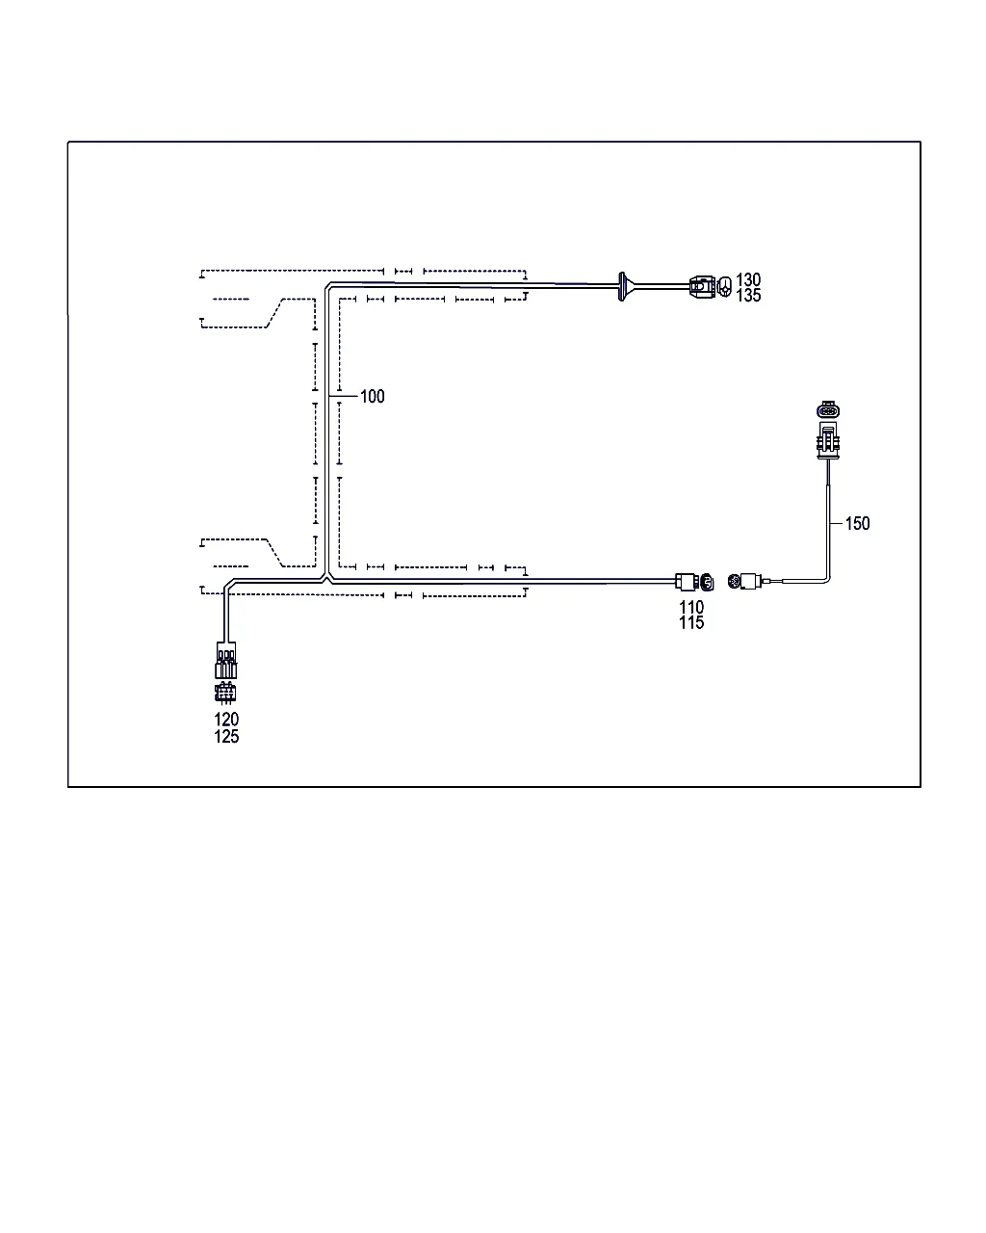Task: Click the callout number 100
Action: click(372, 396)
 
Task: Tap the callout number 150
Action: click(857, 523)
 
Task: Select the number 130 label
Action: click(747, 279)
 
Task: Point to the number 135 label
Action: click(747, 295)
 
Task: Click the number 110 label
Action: click(691, 607)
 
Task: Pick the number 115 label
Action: click(691, 622)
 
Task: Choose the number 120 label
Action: click(226, 719)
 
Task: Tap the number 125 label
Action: click(226, 736)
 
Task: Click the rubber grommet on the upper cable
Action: click(622, 286)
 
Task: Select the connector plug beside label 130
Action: click(702, 286)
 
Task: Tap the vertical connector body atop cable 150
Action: click(827, 441)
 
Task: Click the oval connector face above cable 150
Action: click(827, 409)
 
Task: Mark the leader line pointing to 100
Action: click(344, 396)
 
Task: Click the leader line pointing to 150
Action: click(837, 523)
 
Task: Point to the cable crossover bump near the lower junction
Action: click(326, 578)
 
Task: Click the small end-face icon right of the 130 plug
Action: click(725, 286)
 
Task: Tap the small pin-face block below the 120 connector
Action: click(225, 693)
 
